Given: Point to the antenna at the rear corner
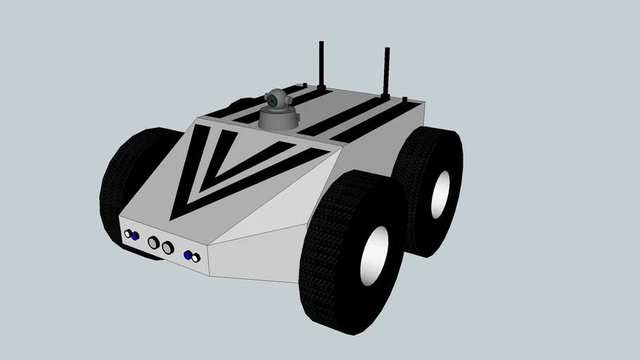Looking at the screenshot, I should point(386,70).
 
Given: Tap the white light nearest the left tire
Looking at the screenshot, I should point(128,234).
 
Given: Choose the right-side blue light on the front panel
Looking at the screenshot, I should point(188,255).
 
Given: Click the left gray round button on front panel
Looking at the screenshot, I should point(153,243).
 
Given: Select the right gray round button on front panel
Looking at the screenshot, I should point(167,247).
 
